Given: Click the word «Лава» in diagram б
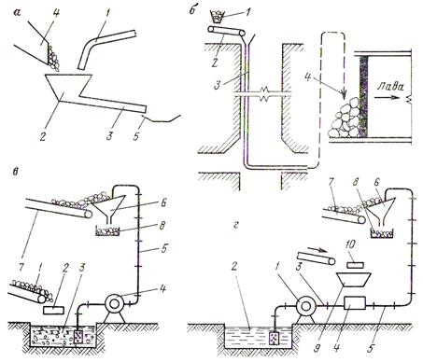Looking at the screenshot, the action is pos(390,86).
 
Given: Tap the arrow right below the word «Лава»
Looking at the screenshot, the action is pos(387,97).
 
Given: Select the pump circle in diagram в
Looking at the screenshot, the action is pos(114,303).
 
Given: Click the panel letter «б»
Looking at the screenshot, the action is pos(192,10).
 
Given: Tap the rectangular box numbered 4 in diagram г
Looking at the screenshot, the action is pos(355,303).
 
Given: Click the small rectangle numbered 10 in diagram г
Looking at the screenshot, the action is pos(356,265).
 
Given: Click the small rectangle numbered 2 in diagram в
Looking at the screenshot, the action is pos(54,311).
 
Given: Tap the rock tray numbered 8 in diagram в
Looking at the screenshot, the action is pos(107,231).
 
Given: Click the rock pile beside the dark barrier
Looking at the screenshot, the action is pos(345,118).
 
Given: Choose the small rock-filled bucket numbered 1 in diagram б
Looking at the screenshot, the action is pos(218,17).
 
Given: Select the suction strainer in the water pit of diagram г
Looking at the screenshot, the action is pos(275,338).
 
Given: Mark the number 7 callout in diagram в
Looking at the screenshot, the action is pos(22,267).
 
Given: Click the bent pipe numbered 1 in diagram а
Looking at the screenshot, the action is pos(105,48).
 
